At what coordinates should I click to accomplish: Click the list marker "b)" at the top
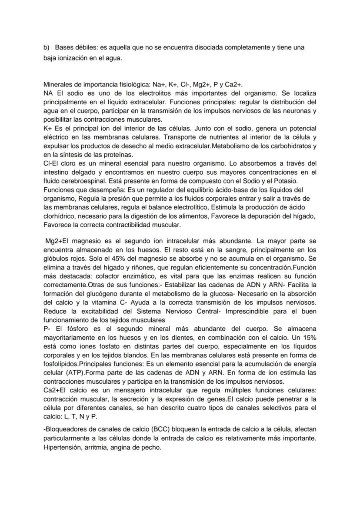46,47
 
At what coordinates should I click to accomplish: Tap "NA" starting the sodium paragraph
48,93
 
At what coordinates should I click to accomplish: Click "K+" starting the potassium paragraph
48,129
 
